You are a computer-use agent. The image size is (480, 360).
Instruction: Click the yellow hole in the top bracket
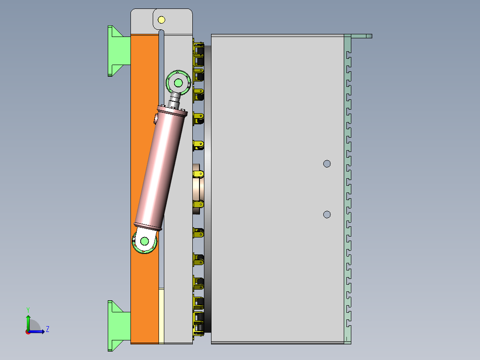pos(161,20)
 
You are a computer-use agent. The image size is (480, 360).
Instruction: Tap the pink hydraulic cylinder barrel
pos(159,169)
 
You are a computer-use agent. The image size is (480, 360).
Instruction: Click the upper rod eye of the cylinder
pos(179,82)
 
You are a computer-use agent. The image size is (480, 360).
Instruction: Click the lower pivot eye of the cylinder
pos(144,241)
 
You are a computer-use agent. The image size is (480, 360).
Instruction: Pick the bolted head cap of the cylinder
pos(171,111)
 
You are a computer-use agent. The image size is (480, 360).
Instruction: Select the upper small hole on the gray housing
pos(327,164)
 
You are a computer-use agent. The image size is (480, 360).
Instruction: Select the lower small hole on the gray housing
pos(327,214)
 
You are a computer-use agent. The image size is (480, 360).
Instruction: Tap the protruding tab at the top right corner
pos(361,36)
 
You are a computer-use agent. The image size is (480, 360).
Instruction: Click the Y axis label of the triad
pos(28,309)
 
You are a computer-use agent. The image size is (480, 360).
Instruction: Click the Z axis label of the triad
pos(47,329)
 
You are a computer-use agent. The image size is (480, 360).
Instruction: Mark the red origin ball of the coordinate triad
pos(28,331)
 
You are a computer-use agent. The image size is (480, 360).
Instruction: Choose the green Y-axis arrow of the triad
pos(28,322)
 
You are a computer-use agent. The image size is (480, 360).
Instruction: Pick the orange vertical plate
pos(144,178)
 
